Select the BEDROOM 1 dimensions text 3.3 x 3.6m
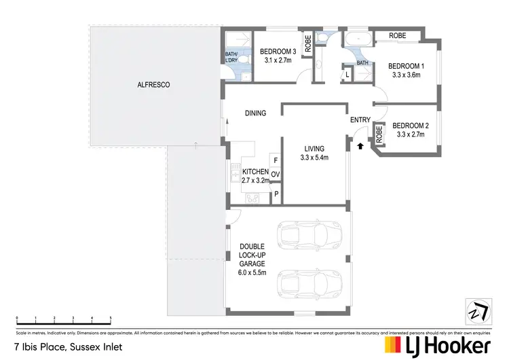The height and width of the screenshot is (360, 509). (x=405, y=75)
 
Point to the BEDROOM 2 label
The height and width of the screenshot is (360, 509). (x=410, y=125)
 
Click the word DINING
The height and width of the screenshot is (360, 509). (x=255, y=113)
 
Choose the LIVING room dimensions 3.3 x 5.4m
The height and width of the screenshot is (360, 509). (x=314, y=158)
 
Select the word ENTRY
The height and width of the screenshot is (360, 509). (x=360, y=120)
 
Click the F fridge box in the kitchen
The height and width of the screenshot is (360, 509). (x=275, y=160)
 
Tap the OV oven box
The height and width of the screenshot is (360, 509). (x=275, y=175)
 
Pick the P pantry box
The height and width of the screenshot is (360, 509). (x=276, y=194)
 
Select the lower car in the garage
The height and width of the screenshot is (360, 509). (x=309, y=283)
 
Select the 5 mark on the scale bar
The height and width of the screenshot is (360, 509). (x=110, y=318)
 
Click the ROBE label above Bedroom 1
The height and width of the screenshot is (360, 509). (x=396, y=35)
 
